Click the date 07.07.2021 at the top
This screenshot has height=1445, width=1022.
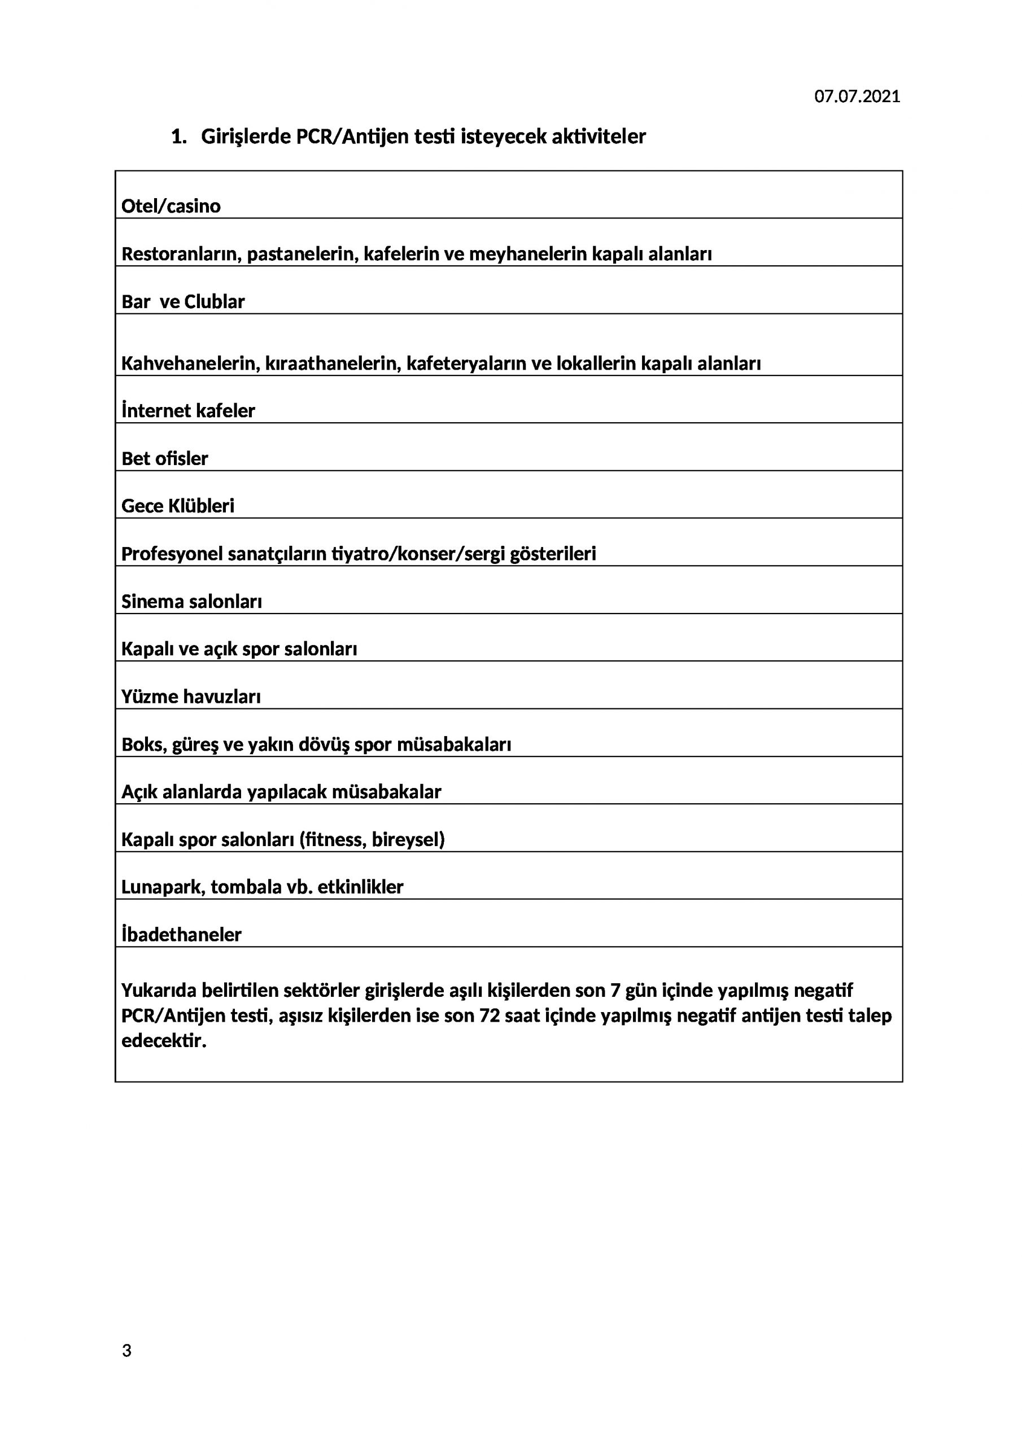pos(857,97)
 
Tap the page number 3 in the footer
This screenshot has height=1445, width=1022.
pos(126,1351)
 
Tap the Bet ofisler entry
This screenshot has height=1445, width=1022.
pos(164,459)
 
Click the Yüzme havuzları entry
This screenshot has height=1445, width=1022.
pos(191,697)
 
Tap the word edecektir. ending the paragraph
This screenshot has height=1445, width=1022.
pos(164,1040)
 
